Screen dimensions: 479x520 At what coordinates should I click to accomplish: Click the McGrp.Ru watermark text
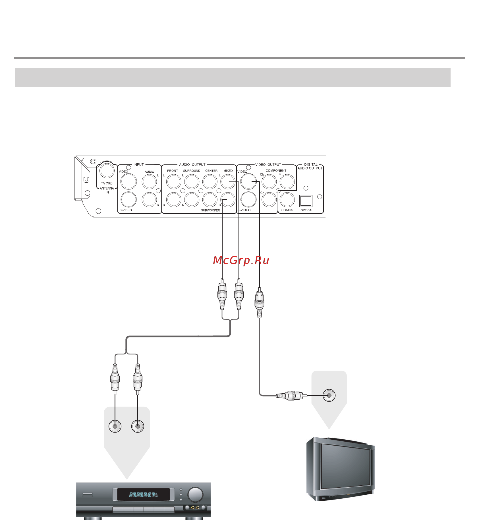(x=241, y=260)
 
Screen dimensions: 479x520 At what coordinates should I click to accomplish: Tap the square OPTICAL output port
(x=306, y=201)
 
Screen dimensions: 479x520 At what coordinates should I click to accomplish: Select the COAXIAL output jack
(x=287, y=200)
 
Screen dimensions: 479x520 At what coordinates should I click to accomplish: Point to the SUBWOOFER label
(x=210, y=210)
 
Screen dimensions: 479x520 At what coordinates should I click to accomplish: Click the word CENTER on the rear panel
(x=211, y=171)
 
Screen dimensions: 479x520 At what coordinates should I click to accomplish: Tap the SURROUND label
(x=192, y=171)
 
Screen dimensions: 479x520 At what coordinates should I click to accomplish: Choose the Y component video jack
(x=287, y=181)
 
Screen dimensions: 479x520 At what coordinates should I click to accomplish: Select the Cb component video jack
(x=269, y=181)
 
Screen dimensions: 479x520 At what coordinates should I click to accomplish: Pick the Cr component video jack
(x=269, y=200)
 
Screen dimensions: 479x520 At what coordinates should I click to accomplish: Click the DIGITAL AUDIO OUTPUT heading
(x=310, y=166)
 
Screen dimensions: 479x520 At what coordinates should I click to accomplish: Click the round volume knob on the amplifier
(x=195, y=494)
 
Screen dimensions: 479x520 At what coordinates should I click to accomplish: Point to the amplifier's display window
(x=144, y=495)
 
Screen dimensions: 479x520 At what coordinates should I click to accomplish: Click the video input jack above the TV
(x=329, y=395)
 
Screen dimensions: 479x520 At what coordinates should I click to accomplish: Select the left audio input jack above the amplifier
(x=115, y=426)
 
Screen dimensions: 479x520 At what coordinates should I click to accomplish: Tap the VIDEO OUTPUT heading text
(x=268, y=165)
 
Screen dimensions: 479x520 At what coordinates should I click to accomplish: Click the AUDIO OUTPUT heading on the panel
(x=192, y=165)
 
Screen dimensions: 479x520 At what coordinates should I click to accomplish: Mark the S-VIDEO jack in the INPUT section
(x=128, y=200)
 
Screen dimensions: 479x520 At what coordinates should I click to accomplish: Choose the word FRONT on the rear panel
(x=173, y=171)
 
